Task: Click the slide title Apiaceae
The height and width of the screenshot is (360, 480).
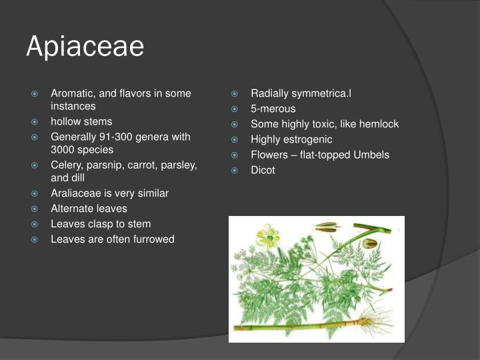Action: click(x=85, y=47)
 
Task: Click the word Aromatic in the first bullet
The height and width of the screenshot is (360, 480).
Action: click(x=72, y=93)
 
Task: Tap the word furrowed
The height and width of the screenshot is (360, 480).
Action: click(x=153, y=239)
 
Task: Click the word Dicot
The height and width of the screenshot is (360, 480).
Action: click(x=263, y=170)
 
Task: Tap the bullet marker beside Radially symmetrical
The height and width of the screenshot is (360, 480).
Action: click(x=235, y=93)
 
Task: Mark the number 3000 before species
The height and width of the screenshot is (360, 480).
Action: click(x=64, y=149)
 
